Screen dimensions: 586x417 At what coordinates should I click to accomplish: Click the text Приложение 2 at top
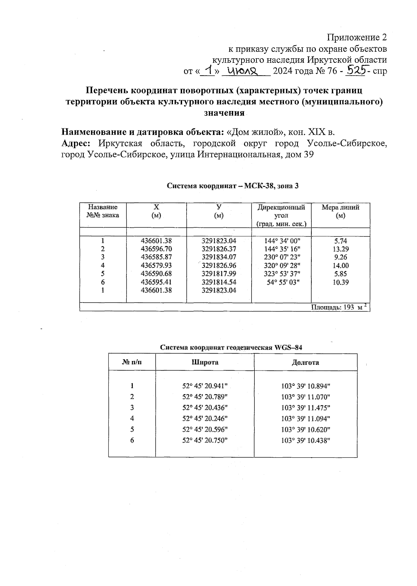(x=357, y=37)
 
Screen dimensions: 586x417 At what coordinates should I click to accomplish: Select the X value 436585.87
(x=156, y=257)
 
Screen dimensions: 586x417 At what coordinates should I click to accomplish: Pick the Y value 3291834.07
(x=219, y=257)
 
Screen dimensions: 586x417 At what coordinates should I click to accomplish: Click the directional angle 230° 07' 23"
(x=281, y=257)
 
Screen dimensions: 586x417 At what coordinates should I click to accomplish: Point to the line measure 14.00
(x=341, y=265)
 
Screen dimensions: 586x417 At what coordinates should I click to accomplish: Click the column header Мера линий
(x=340, y=211)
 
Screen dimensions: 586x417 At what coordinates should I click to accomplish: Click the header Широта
(x=205, y=363)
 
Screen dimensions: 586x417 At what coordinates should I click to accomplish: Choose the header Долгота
(x=305, y=363)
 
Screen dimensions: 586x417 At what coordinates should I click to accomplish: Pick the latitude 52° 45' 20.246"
(x=205, y=418)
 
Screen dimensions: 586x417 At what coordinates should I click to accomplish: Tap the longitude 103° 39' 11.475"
(x=305, y=407)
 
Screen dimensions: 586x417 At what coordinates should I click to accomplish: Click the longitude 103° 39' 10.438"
(x=305, y=440)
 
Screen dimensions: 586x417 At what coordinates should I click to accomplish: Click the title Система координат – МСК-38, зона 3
(x=232, y=186)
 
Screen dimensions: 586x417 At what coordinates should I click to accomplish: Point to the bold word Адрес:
(x=78, y=143)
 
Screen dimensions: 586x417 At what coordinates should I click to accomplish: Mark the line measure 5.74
(x=341, y=241)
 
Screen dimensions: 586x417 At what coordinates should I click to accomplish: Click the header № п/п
(x=132, y=363)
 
